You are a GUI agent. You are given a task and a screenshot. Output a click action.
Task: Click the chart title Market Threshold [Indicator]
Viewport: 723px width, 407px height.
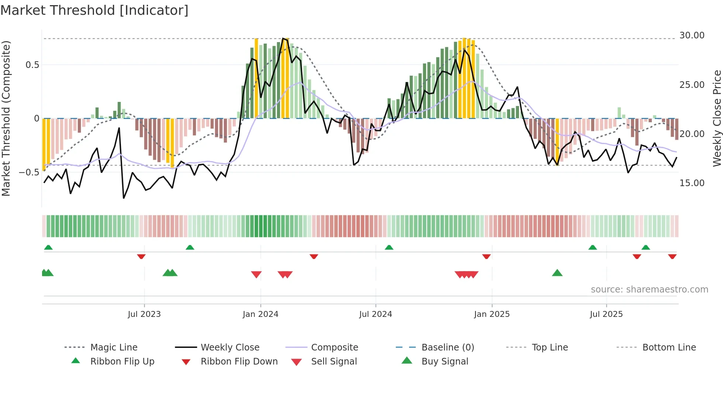(x=94, y=10)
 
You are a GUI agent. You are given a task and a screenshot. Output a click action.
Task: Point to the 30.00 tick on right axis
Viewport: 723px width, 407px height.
(x=692, y=35)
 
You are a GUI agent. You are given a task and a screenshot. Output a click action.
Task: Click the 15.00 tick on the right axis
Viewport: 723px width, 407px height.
(x=692, y=183)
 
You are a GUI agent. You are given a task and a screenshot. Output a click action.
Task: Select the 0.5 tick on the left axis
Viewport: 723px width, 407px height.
(x=32, y=65)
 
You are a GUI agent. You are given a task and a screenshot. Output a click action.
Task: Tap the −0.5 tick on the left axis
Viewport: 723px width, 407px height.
(x=29, y=172)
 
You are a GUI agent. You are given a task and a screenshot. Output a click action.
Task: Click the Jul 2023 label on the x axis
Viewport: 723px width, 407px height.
(x=144, y=314)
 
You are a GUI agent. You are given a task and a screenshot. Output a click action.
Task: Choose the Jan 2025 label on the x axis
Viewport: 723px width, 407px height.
(x=492, y=314)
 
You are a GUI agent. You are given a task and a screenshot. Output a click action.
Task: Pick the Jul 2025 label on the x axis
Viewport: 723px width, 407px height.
(x=606, y=314)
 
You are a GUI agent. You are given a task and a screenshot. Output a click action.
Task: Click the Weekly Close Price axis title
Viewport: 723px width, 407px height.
(x=717, y=118)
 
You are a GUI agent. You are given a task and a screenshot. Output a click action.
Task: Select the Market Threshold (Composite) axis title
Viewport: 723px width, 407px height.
(x=6, y=118)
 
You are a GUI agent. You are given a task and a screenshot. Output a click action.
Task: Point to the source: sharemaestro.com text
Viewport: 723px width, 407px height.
(x=649, y=290)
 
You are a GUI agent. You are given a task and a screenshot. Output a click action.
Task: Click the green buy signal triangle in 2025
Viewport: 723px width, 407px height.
(x=557, y=273)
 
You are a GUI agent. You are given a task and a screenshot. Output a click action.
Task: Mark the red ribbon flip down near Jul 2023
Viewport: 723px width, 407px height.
(x=141, y=256)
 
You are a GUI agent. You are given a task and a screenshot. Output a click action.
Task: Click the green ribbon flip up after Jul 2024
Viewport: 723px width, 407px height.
(x=389, y=247)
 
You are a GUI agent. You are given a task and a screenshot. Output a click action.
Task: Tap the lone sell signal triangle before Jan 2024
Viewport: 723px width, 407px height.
(x=256, y=274)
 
